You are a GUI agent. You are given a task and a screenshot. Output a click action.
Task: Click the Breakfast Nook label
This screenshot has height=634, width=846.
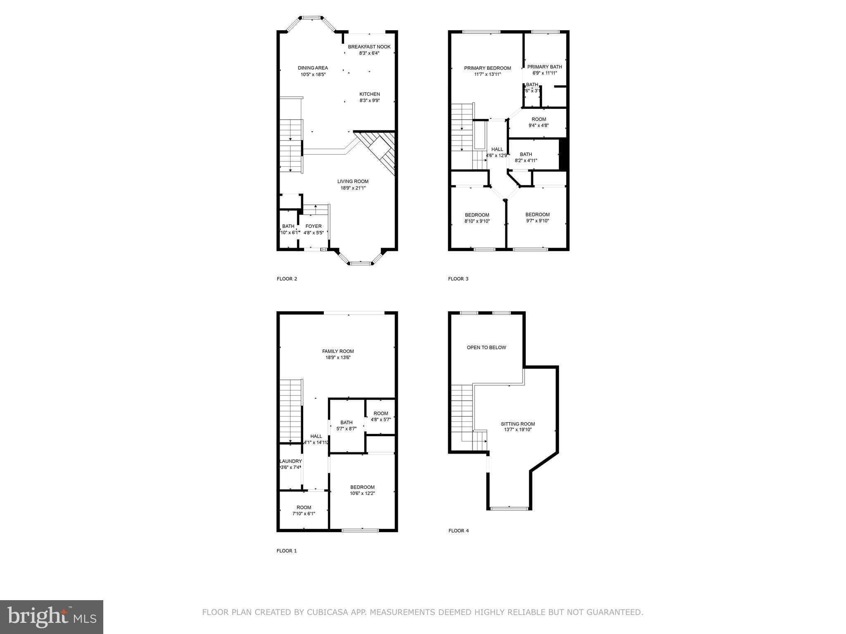(369, 47)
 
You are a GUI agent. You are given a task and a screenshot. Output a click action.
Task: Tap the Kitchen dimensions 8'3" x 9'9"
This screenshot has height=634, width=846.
(369, 100)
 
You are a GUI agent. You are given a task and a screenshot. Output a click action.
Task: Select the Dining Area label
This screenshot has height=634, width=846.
(313, 68)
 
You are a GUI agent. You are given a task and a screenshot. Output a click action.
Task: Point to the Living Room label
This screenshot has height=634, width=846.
(353, 181)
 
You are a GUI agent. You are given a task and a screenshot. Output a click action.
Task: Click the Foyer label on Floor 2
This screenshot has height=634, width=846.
(313, 226)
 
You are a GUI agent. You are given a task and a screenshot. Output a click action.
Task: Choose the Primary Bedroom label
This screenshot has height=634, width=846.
(487, 68)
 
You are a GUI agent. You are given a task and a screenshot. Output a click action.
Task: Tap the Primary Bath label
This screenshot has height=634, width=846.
(544, 66)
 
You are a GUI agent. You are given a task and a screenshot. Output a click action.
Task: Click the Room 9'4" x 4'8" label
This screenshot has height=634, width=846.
(539, 119)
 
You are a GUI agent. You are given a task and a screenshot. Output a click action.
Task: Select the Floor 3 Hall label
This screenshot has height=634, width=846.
(497, 149)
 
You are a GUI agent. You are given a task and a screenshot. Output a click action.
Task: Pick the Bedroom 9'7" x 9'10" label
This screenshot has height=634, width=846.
(537, 214)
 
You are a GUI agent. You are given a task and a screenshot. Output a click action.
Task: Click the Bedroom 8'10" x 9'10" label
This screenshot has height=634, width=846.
(477, 215)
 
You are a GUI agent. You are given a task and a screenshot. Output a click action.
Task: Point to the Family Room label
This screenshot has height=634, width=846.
(338, 351)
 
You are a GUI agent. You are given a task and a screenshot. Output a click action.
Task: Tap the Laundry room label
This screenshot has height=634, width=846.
(291, 461)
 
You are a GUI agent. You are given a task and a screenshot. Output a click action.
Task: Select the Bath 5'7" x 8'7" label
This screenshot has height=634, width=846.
(346, 422)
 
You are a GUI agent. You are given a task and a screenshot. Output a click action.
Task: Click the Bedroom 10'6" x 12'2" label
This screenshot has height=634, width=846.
(362, 487)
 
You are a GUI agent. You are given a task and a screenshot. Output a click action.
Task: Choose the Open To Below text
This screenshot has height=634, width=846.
(486, 348)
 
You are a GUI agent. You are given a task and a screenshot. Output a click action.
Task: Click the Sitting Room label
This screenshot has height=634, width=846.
(518, 424)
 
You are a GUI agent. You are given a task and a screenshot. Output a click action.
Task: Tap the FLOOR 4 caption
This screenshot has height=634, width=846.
(459, 531)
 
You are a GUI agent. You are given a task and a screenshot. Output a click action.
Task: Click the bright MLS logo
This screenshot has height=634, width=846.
(52, 617)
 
